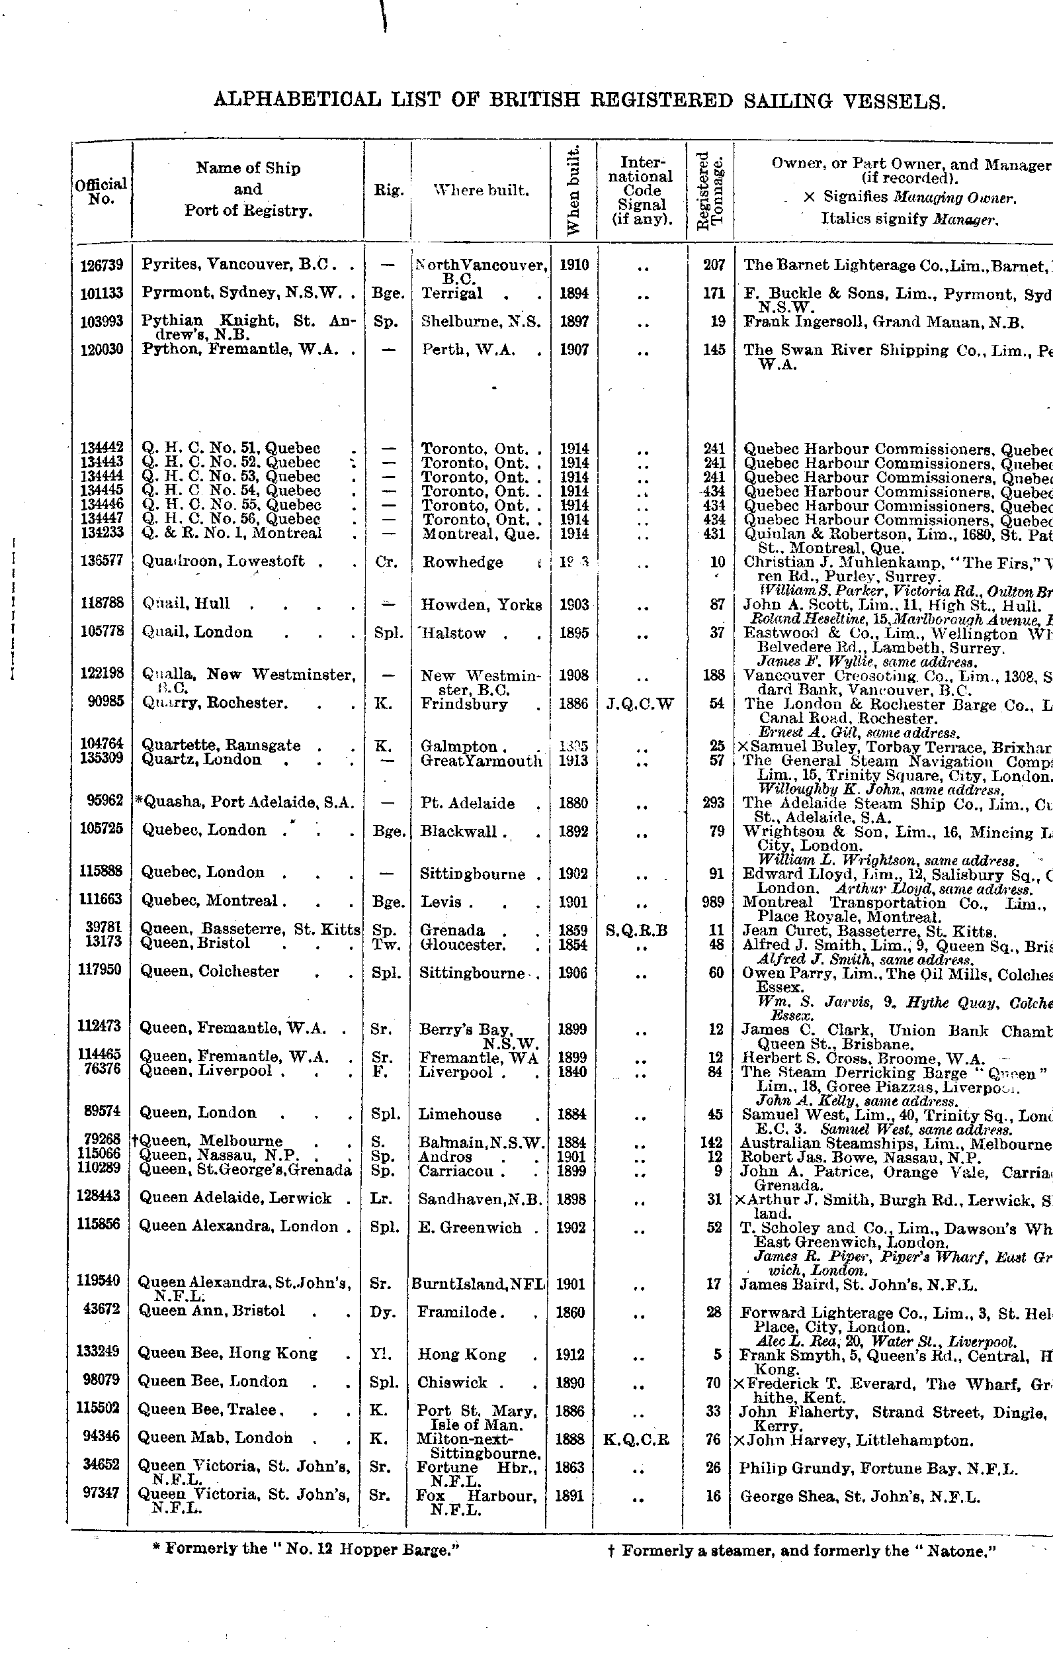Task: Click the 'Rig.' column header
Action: tap(388, 191)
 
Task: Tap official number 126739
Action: tap(101, 265)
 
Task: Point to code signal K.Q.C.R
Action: tap(637, 1440)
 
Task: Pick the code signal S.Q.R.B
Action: tap(637, 931)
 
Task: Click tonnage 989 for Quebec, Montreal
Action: tap(714, 902)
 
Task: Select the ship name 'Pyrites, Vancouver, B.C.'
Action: tap(237, 265)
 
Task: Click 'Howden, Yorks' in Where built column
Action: tap(481, 605)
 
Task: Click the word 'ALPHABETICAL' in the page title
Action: tap(297, 101)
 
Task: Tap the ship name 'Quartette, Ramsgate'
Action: tap(221, 745)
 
